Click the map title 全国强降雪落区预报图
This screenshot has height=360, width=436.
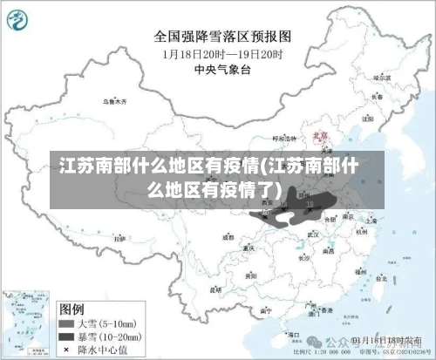coord(222,37)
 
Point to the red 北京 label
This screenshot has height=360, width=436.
coord(319,136)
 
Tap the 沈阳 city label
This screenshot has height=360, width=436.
coord(365,115)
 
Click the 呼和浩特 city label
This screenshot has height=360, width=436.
coord(284,139)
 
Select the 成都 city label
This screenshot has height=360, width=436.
coord(228,236)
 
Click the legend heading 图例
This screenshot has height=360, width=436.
coord(71,309)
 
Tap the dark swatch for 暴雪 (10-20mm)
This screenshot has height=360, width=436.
coord(66,335)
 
